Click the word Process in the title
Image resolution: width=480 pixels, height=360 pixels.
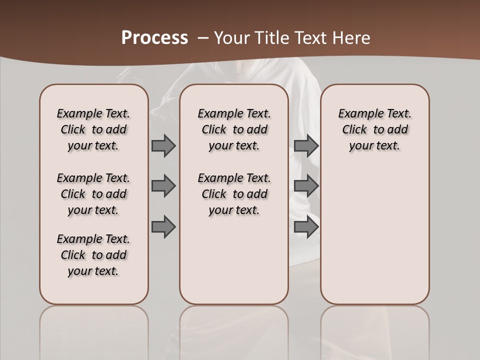154,38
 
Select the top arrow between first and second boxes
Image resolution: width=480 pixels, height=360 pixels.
163,145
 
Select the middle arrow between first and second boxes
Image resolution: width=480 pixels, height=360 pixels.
163,186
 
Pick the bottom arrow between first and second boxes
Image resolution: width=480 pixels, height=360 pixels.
163,227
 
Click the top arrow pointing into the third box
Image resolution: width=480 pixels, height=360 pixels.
306,145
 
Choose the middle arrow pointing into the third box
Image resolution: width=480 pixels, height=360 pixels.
306,186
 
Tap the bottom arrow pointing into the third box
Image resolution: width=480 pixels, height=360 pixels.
306,227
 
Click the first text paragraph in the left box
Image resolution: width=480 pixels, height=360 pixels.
93,129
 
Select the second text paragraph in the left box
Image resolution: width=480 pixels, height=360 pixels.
93,194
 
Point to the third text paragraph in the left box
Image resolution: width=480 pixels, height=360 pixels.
93,255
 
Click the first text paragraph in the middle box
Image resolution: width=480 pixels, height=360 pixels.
234,129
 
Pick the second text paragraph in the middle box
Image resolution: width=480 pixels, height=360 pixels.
234,194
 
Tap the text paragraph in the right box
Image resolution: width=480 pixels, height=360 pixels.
374,129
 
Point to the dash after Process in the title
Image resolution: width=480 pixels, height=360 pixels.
203,38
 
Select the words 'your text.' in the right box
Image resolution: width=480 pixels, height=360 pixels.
374,145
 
